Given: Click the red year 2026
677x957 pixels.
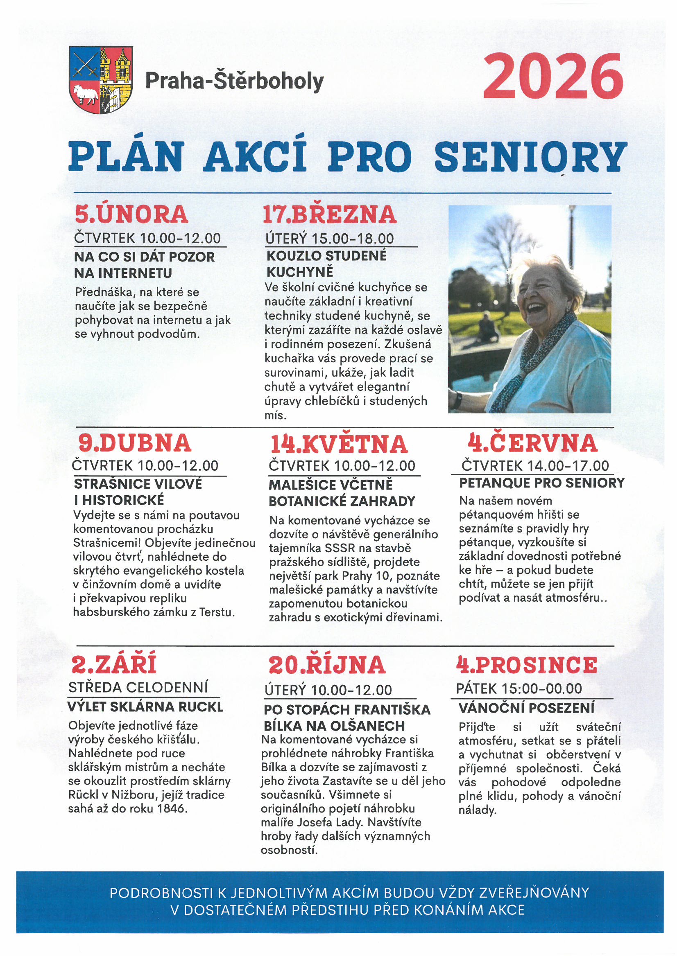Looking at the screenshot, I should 552,77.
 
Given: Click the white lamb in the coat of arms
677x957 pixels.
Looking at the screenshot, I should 86,95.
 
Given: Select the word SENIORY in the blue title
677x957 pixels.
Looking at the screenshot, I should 531,157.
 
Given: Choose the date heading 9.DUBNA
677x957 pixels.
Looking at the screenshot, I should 135,443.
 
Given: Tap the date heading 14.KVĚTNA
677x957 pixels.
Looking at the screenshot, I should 338,445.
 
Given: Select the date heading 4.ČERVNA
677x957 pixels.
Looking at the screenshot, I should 532,443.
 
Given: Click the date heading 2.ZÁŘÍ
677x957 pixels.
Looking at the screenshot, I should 114,664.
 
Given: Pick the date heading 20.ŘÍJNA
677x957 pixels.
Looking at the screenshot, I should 326,665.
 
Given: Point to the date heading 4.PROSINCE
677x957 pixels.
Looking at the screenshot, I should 526,665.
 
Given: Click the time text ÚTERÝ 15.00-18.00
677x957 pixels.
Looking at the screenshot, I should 330,239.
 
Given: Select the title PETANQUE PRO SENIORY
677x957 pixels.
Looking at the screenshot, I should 541,483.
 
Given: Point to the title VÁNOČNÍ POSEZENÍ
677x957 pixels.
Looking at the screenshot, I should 526,708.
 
